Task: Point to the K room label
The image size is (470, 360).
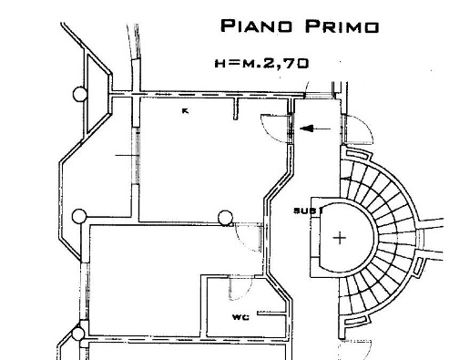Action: tap(184, 111)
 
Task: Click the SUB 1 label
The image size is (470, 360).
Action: tap(303, 211)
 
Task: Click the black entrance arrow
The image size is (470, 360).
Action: tap(314, 129)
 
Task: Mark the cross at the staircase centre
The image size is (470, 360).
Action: tap(340, 239)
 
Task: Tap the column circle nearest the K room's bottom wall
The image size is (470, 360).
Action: tap(225, 217)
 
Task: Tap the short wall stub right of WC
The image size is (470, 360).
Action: tap(267, 315)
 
